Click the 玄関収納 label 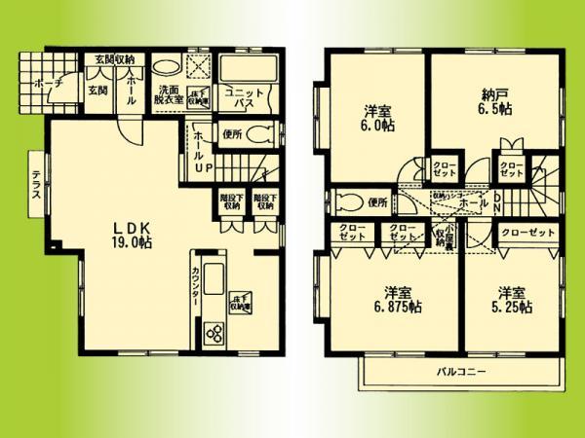[114, 59]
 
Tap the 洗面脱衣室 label [165, 97]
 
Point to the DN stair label [495, 206]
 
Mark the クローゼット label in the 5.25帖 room [528, 234]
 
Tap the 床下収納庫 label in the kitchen [241, 302]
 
